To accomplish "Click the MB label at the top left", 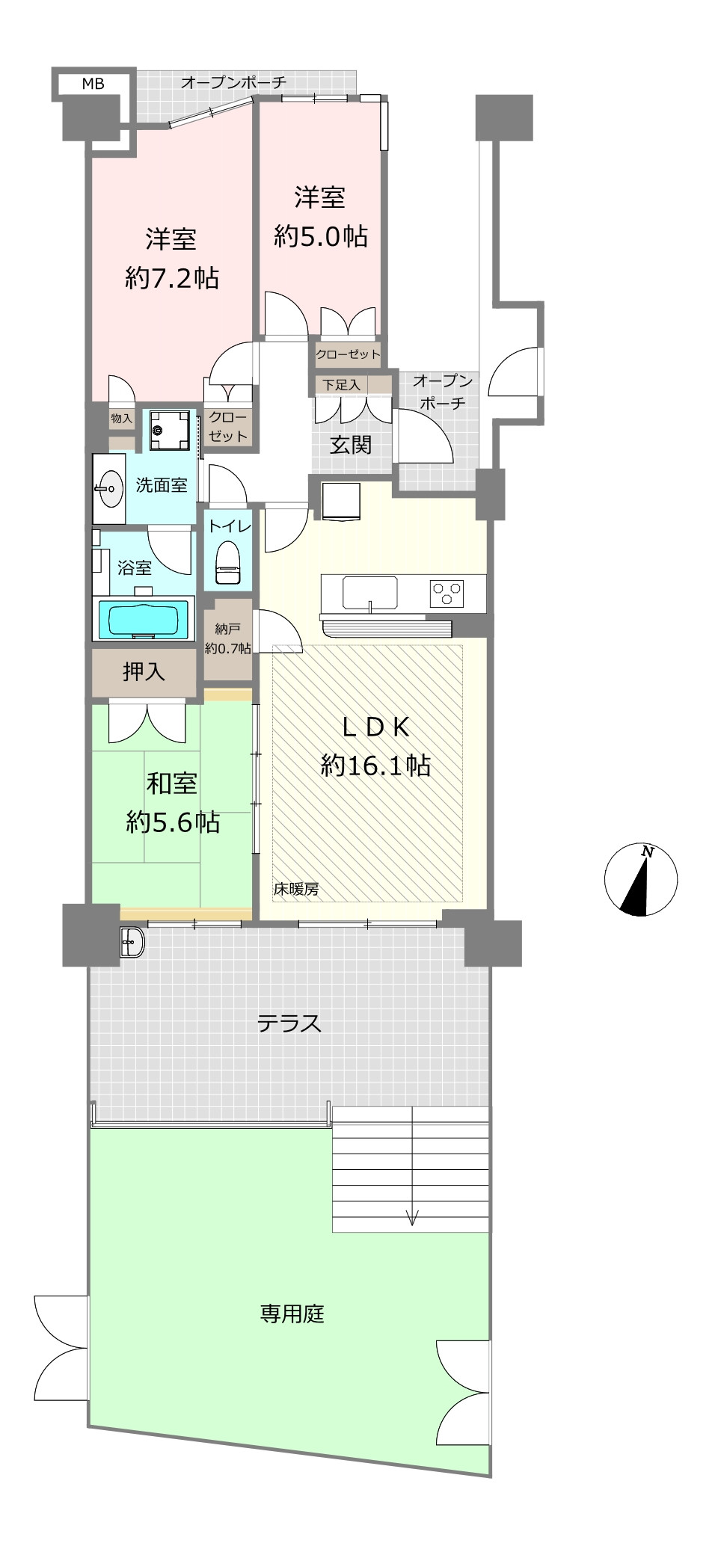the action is tap(93, 84).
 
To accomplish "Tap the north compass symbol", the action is tap(641, 880).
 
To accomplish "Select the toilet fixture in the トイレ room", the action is tap(228, 561).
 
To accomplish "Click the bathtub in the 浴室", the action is tap(144, 620).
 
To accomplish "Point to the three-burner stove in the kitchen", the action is tap(447, 594).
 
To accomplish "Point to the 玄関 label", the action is tap(351, 446).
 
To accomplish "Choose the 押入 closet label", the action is tap(144, 671).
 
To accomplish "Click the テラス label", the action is tap(289, 1023).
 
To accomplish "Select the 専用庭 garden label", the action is tap(292, 1314).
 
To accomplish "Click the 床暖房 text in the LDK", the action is tap(296, 889).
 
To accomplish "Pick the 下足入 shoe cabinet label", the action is tap(341, 385).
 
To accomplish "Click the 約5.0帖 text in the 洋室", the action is tap(321, 237).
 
